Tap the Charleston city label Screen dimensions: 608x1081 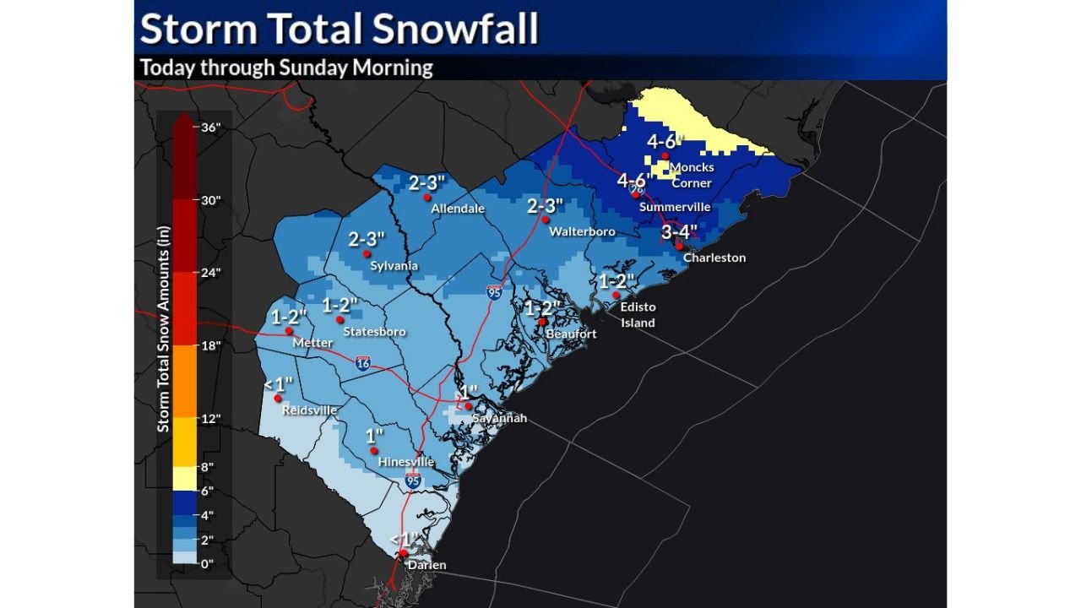[714, 258]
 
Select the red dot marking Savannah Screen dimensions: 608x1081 [468, 405]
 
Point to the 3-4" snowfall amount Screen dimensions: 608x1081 [679, 231]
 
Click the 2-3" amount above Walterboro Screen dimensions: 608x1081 [545, 206]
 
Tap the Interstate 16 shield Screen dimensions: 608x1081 [362, 362]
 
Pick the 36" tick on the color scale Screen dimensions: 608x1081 [210, 128]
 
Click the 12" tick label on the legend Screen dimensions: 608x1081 [210, 418]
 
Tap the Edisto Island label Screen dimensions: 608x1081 [638, 315]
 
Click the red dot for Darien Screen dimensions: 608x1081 [404, 554]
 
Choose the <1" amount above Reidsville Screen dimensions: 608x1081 [278, 384]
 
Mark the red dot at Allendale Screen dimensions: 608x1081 [427, 198]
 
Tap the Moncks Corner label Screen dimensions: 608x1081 [691, 176]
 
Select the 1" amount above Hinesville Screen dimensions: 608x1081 [374, 436]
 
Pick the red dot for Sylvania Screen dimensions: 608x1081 [367, 254]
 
